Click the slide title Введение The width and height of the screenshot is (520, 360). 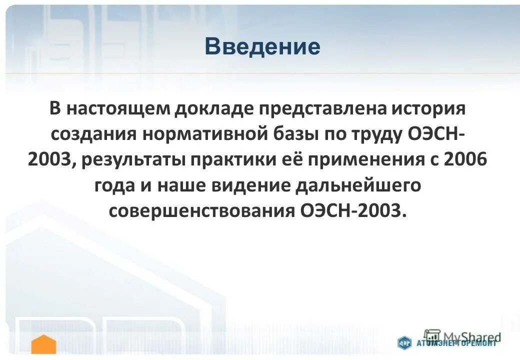[x=262, y=46]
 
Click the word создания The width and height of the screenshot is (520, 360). [x=92, y=135]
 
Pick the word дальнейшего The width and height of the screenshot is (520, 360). [x=356, y=185]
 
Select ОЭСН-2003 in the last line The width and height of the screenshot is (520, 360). [x=351, y=211]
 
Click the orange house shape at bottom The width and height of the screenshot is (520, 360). [x=44, y=345]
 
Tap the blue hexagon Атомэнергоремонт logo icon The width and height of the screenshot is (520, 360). [x=404, y=343]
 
